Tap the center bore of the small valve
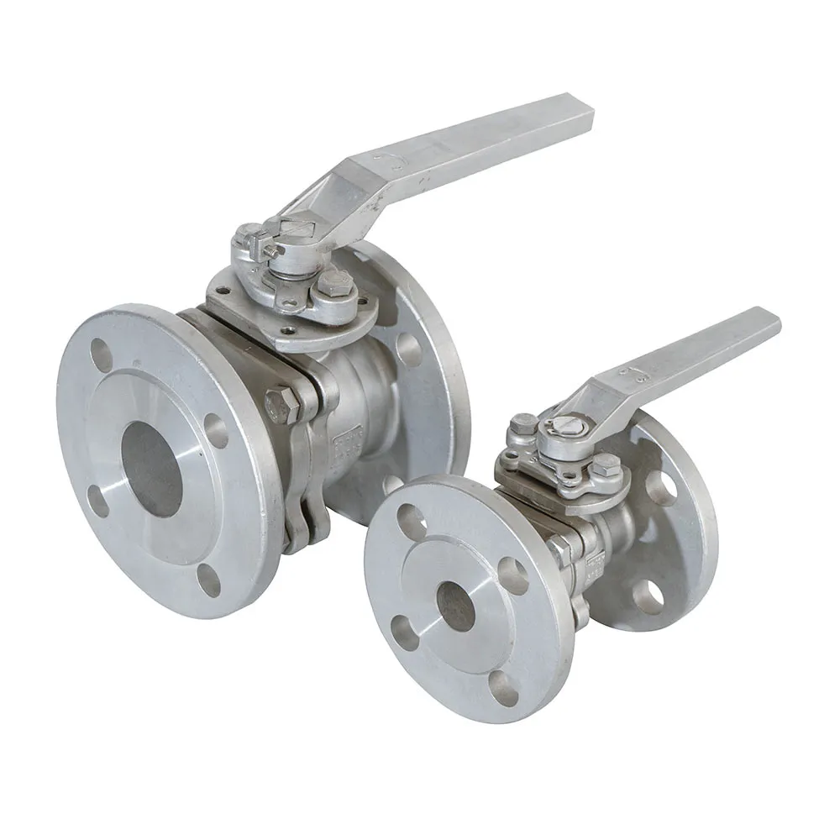(456, 607)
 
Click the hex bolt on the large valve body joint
(282, 407)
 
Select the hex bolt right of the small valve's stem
(606, 465)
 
